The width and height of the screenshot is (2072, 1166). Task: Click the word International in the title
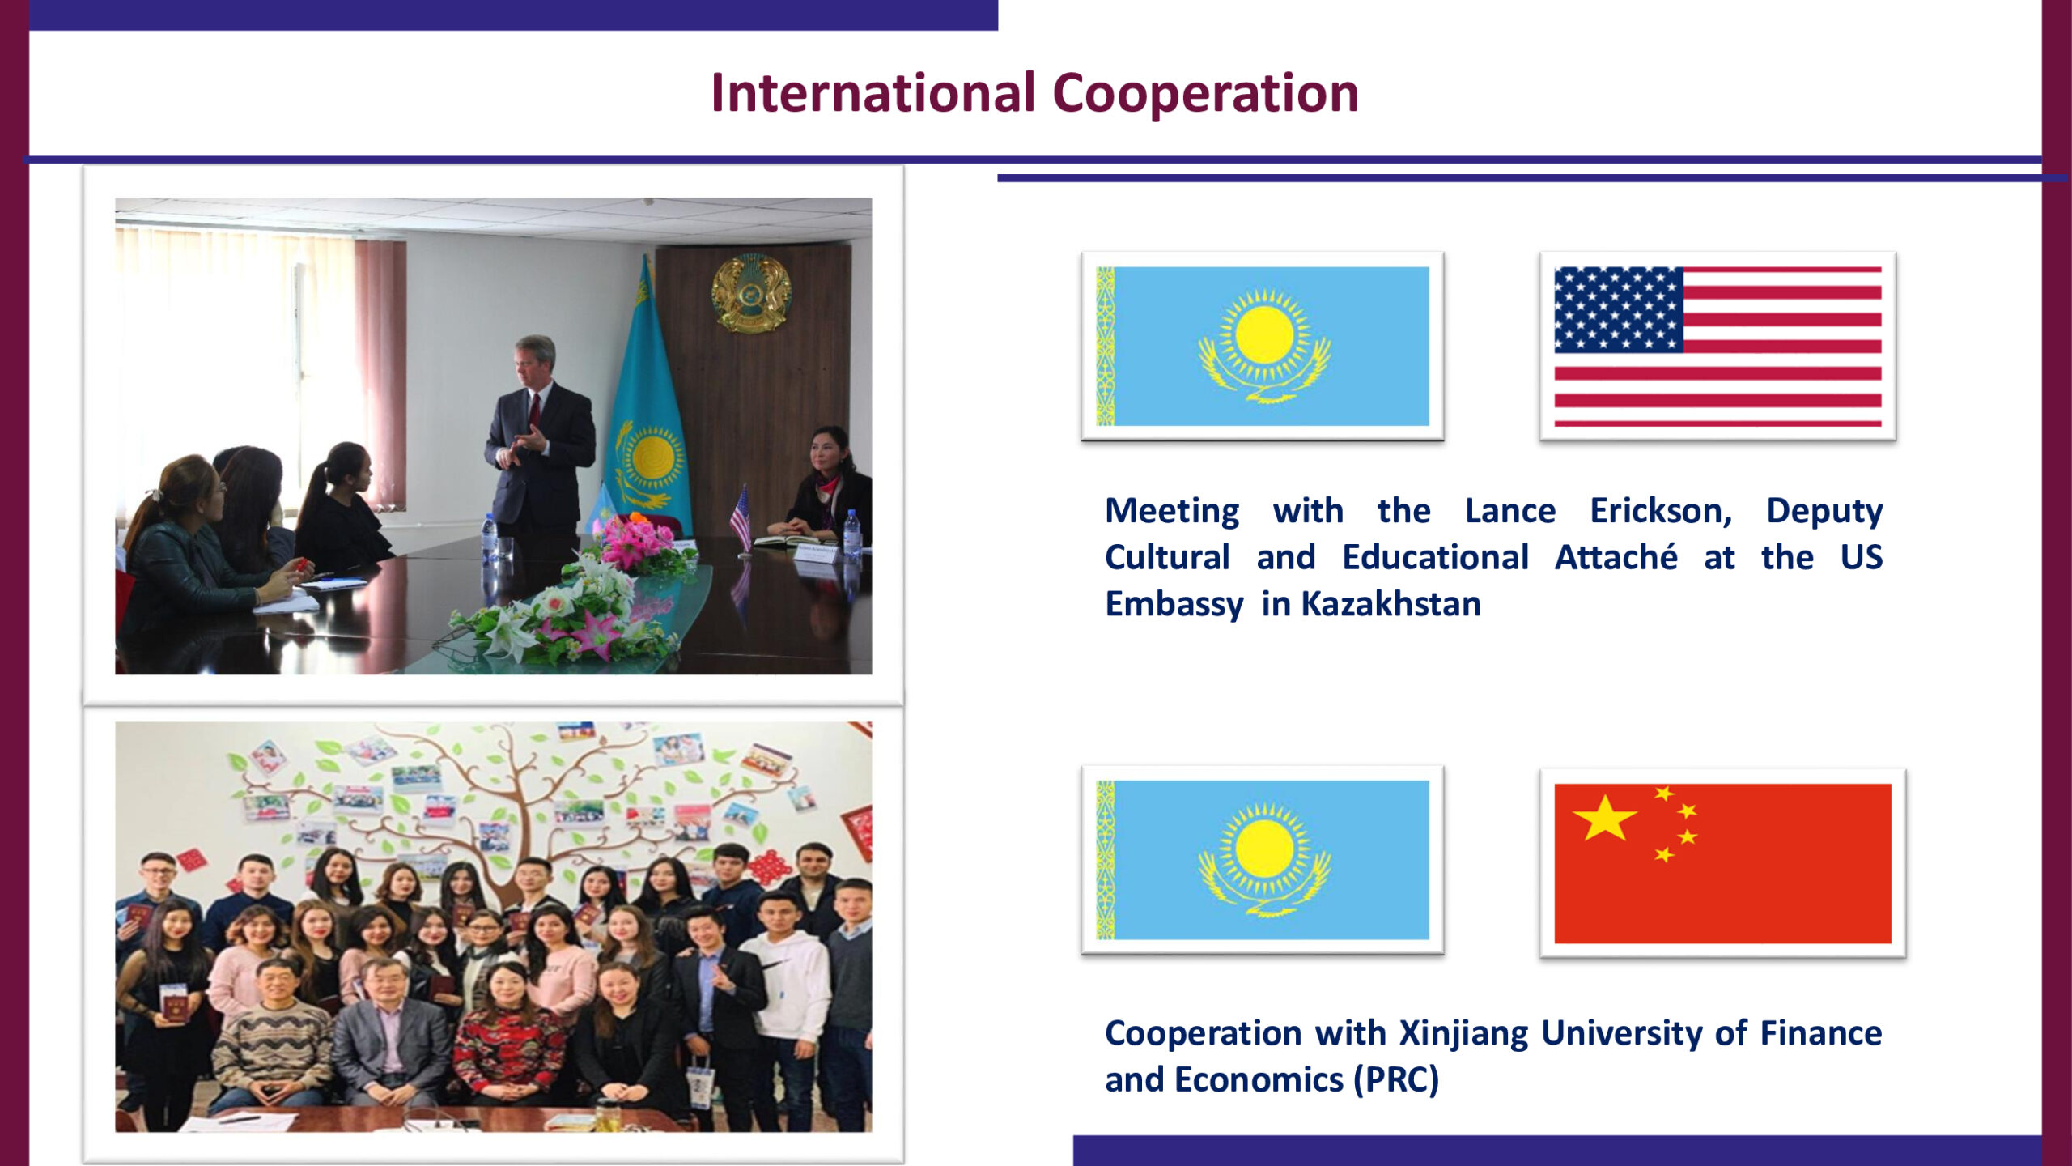click(873, 93)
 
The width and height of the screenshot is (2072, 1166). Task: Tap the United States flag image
click(1717, 346)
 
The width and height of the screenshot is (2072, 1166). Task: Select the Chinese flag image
click(1722, 863)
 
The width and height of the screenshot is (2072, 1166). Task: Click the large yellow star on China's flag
click(1604, 817)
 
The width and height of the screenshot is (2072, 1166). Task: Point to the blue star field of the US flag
click(1619, 309)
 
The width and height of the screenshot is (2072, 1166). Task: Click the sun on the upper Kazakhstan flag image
click(1264, 335)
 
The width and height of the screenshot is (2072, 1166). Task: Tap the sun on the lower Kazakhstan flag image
click(1264, 849)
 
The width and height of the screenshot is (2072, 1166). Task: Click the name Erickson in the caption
click(1661, 511)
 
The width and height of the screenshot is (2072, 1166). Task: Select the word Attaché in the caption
click(1616, 557)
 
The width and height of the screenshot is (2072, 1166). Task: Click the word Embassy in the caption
click(1174, 606)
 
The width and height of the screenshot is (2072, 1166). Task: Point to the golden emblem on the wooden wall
click(751, 292)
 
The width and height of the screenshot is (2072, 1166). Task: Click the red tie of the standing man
click(534, 412)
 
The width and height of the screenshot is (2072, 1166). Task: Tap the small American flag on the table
click(741, 518)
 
